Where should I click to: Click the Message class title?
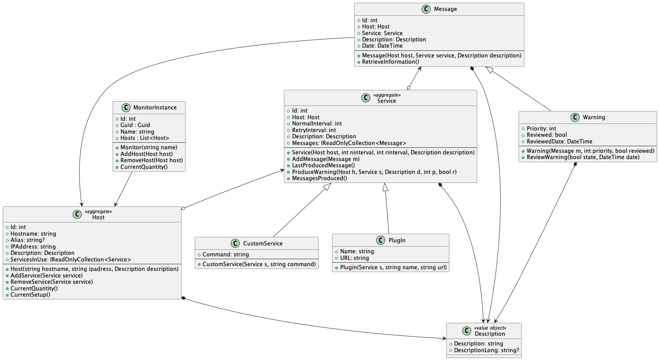point(445,9)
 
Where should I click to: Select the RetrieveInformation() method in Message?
point(390,62)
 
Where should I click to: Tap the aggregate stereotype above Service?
point(386,95)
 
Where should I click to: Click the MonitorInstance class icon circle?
point(126,107)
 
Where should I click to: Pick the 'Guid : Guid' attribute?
point(135,125)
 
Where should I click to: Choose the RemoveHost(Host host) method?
point(151,160)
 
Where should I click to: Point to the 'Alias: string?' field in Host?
point(27,240)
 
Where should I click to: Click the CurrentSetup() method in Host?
point(30,295)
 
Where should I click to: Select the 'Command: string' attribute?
point(225,254)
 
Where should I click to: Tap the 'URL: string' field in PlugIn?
point(354,258)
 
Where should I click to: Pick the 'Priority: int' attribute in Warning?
point(541,129)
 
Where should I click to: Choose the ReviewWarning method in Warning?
point(583,157)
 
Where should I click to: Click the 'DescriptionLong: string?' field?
point(486,350)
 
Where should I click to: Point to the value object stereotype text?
point(490,328)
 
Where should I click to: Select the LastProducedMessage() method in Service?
point(323,165)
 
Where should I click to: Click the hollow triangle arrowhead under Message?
point(489,70)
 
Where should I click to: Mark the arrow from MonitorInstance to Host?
point(124,189)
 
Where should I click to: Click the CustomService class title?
point(262,244)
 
